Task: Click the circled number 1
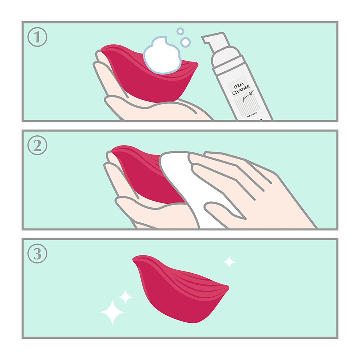37,37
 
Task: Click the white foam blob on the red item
162,55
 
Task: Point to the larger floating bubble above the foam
186,42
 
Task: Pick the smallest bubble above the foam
180,31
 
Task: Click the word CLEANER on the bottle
241,90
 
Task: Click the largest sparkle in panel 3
112,312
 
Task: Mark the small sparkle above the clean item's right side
229,262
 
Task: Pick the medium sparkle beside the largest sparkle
125,297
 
